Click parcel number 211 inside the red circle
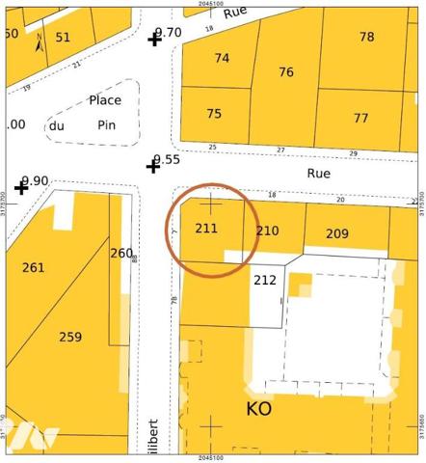click(x=206, y=229)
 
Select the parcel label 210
click(x=267, y=231)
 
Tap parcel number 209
click(x=336, y=233)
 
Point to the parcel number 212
click(x=264, y=281)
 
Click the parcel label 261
click(x=33, y=267)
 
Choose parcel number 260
click(x=121, y=254)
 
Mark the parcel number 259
click(x=70, y=337)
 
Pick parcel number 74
click(x=222, y=58)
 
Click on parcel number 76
click(x=286, y=72)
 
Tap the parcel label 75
click(x=214, y=114)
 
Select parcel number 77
click(x=360, y=119)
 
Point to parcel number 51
click(x=63, y=38)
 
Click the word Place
click(x=105, y=99)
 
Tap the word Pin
click(x=106, y=124)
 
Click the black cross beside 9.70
click(x=154, y=40)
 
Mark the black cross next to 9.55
click(x=152, y=167)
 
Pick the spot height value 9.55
click(x=167, y=159)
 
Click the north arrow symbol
click(x=39, y=42)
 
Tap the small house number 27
click(x=281, y=150)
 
